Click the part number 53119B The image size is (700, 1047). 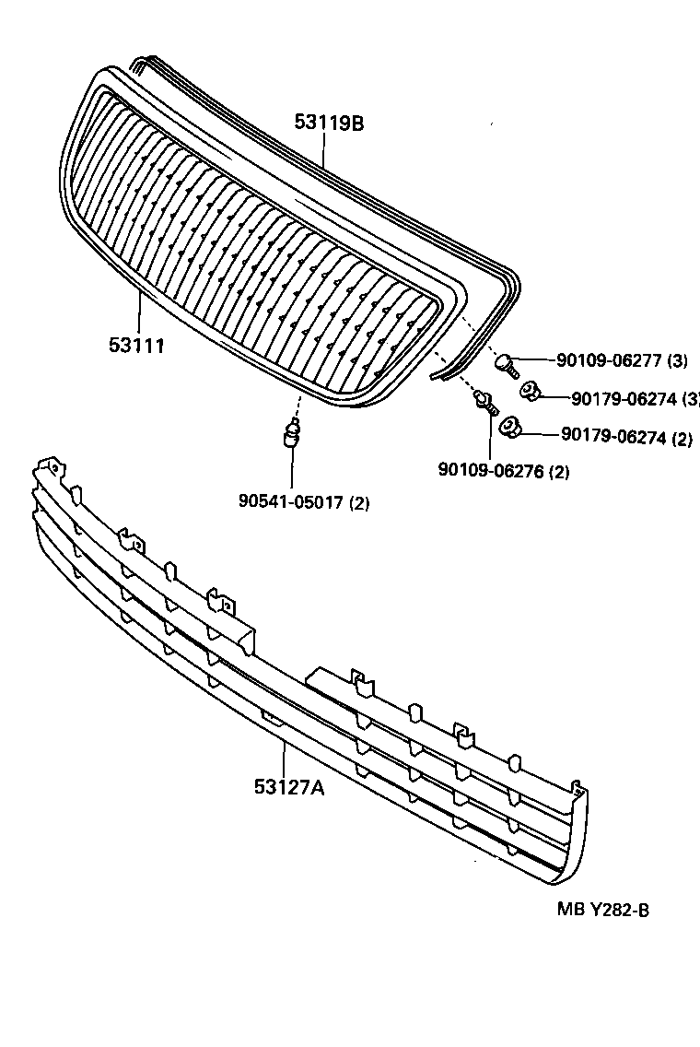point(329,122)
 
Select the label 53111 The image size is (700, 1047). point(136,346)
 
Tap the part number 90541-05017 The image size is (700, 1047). point(291,502)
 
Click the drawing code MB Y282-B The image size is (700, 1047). point(603,910)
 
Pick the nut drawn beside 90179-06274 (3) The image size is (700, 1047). point(531,393)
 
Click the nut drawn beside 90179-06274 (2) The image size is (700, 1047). point(509,427)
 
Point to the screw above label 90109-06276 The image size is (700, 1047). point(484,402)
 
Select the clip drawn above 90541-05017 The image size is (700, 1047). point(293,433)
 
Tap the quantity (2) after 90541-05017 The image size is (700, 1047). point(359,503)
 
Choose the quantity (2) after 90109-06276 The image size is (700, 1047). point(559,473)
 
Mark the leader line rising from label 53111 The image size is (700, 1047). point(139,313)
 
